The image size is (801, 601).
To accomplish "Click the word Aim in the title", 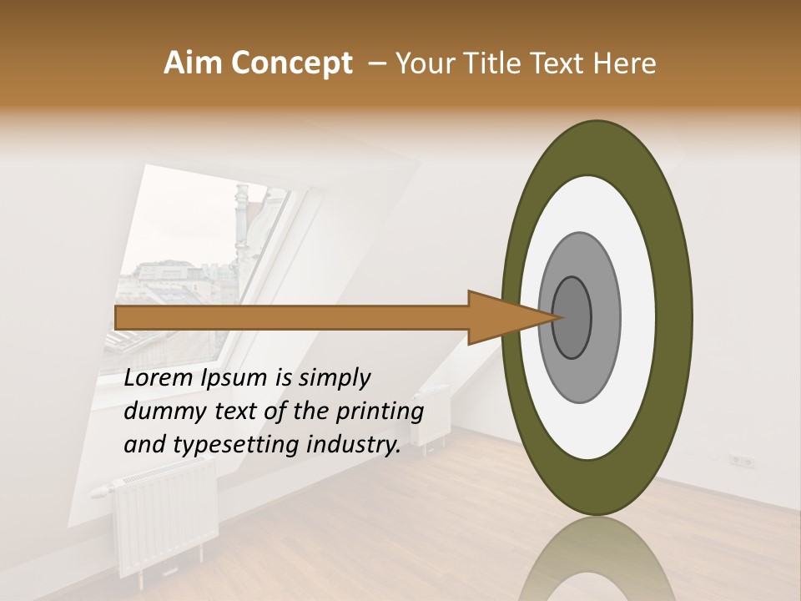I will (x=194, y=63).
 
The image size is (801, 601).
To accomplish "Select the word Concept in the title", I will (x=291, y=63).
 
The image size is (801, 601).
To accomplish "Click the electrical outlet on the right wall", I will (x=741, y=460).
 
